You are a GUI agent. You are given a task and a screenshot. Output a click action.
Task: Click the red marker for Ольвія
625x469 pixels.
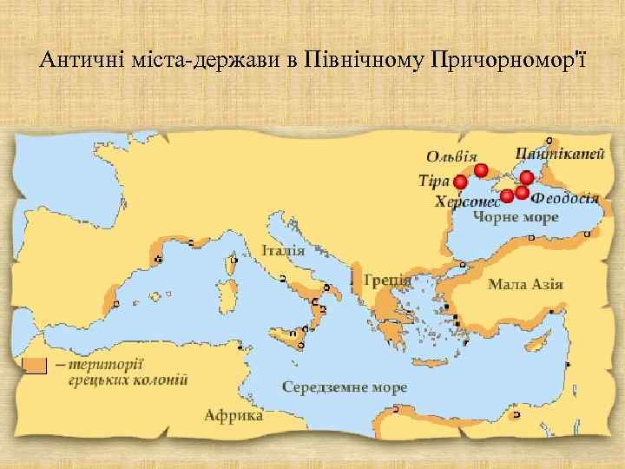coord(481,170)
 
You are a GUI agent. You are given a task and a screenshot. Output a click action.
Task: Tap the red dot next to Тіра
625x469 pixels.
coord(460,182)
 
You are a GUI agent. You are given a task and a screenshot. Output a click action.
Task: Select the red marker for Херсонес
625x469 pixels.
coord(507,196)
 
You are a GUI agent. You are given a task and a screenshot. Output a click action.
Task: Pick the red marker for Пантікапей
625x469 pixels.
coord(527,178)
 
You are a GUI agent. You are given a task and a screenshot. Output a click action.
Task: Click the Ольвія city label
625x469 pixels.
coord(451,156)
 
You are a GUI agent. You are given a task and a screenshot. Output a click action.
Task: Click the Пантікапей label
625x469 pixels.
coord(560,154)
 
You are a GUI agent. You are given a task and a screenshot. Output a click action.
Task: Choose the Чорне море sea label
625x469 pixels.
coord(516,217)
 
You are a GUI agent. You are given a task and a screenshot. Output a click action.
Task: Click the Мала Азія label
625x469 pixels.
coord(526,284)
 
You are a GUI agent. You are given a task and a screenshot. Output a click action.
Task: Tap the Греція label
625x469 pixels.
coord(387,280)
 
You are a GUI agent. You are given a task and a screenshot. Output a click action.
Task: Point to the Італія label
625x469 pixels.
coord(283,250)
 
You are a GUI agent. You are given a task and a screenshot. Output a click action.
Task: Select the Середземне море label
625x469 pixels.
coord(345,386)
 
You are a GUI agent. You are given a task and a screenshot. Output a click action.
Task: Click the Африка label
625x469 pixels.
coord(234,414)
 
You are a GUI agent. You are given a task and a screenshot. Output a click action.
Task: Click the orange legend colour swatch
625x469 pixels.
coord(35,366)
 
